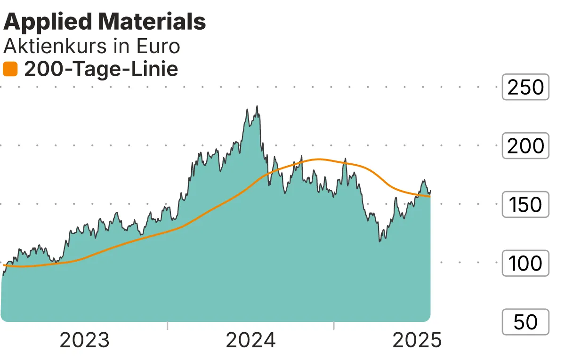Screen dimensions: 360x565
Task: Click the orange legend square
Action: (x=10, y=70)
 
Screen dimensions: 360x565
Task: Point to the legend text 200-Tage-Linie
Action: (x=101, y=70)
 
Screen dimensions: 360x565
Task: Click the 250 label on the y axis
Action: (x=525, y=87)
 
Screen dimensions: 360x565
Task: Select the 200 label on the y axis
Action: (x=525, y=146)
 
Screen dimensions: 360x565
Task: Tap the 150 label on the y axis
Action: (x=525, y=205)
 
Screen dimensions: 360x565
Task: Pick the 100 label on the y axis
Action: (x=525, y=264)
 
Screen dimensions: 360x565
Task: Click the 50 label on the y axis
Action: (x=525, y=322)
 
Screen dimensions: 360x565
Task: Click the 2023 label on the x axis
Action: (x=85, y=340)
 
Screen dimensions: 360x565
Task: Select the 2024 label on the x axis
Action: (x=250, y=340)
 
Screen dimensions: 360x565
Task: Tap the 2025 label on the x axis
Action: (x=417, y=340)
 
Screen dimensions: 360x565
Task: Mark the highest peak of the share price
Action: (x=257, y=106)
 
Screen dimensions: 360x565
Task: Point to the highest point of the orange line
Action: (x=319, y=159)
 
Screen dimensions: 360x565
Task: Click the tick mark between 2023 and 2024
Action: (x=168, y=326)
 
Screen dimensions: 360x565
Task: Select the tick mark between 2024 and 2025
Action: (x=333, y=326)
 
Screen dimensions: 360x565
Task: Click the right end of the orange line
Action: (x=429, y=196)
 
